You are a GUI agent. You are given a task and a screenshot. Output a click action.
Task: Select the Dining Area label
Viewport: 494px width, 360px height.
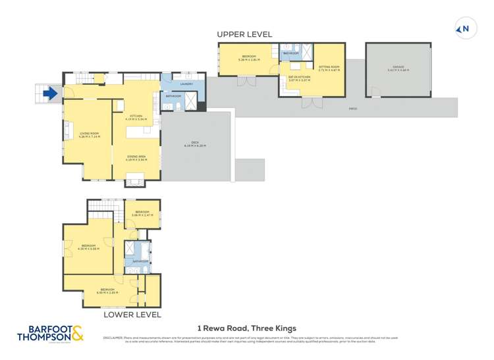click(136, 158)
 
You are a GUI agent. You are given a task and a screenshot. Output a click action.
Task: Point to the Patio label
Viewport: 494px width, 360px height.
click(353, 108)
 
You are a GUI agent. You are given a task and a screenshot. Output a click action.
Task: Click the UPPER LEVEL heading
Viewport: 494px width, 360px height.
click(244, 34)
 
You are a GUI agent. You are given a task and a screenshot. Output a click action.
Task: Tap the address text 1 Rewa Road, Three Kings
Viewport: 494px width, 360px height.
click(247, 328)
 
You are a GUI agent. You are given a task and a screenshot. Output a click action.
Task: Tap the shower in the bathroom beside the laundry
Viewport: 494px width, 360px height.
click(190, 101)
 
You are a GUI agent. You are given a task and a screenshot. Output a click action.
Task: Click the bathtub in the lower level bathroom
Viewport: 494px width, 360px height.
click(140, 250)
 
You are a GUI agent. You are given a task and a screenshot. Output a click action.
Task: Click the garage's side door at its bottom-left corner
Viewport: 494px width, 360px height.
click(370, 101)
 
